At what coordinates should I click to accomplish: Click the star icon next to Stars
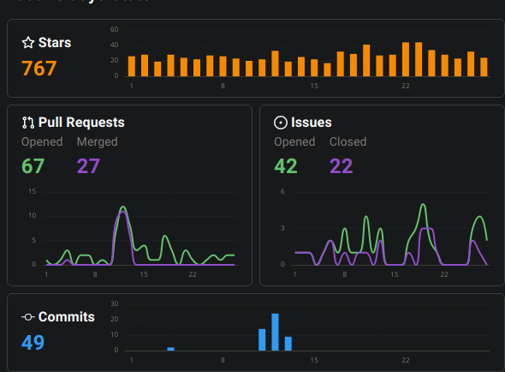28,43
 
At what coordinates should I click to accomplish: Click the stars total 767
39,69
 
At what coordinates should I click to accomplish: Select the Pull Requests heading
81,123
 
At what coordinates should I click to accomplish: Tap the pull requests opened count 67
33,165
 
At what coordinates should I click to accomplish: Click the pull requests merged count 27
89,165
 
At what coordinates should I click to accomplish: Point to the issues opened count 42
286,165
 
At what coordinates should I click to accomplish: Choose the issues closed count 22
342,165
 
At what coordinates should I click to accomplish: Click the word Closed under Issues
348,141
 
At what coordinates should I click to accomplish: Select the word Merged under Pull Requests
97,141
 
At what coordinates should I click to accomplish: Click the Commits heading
66,317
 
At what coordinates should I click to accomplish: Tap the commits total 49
33,343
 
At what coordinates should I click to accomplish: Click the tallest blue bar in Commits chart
276,332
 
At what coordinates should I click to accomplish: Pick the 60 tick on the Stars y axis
115,30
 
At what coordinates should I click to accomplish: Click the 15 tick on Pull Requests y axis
32,191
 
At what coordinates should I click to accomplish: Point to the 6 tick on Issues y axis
283,191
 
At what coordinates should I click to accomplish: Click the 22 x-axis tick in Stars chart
406,86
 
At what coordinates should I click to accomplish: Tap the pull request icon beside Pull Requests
28,123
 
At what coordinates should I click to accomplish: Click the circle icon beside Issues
280,123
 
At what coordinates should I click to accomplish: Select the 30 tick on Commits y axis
115,303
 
